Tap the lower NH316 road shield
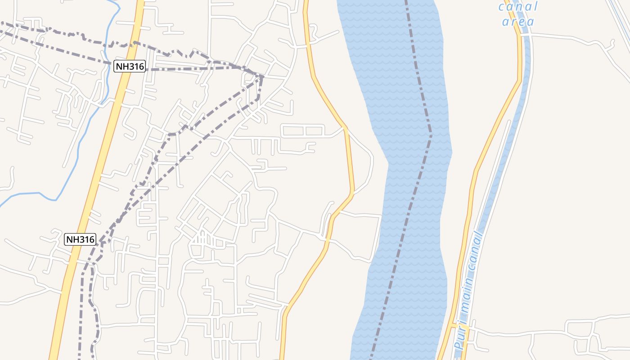click(80, 239)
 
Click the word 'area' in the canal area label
click(518, 21)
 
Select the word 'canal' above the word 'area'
click(518, 7)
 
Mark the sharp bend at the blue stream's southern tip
click(56, 200)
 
